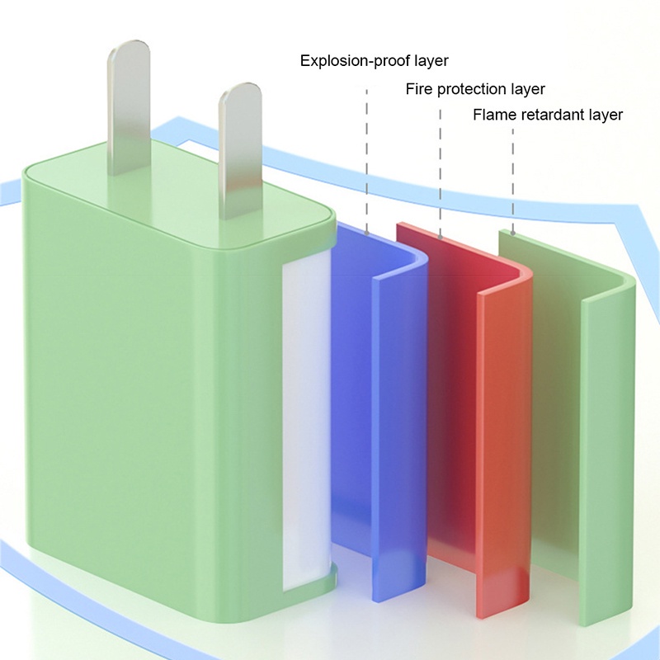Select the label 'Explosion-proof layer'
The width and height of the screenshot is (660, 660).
click(374, 61)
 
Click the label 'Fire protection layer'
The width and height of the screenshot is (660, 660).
click(475, 89)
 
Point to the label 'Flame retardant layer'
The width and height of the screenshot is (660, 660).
click(547, 115)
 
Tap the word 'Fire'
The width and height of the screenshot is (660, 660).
click(418, 89)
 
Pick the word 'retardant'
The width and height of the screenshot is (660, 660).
click(547, 115)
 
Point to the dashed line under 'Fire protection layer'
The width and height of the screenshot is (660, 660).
click(441, 165)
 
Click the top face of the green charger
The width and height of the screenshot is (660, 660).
click(173, 198)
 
